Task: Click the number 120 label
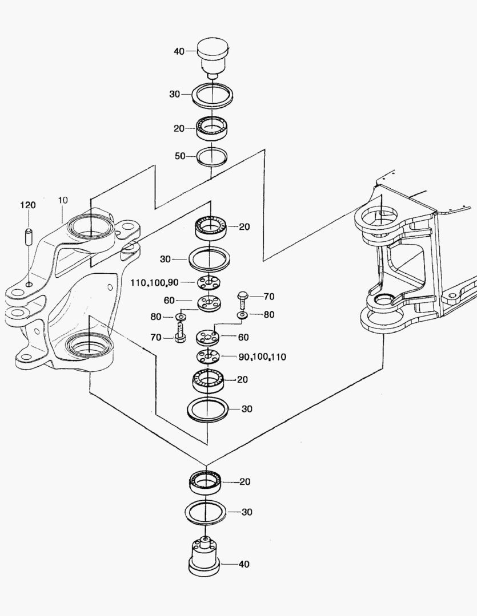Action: coord(29,204)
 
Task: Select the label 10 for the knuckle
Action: coord(63,200)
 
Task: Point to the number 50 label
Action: coord(180,156)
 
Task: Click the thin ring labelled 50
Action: coord(212,156)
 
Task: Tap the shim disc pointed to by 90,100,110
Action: coord(209,358)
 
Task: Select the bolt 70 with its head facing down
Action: coord(180,332)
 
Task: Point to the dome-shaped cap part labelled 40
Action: coord(213,54)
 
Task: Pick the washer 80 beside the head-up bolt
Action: coord(242,314)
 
